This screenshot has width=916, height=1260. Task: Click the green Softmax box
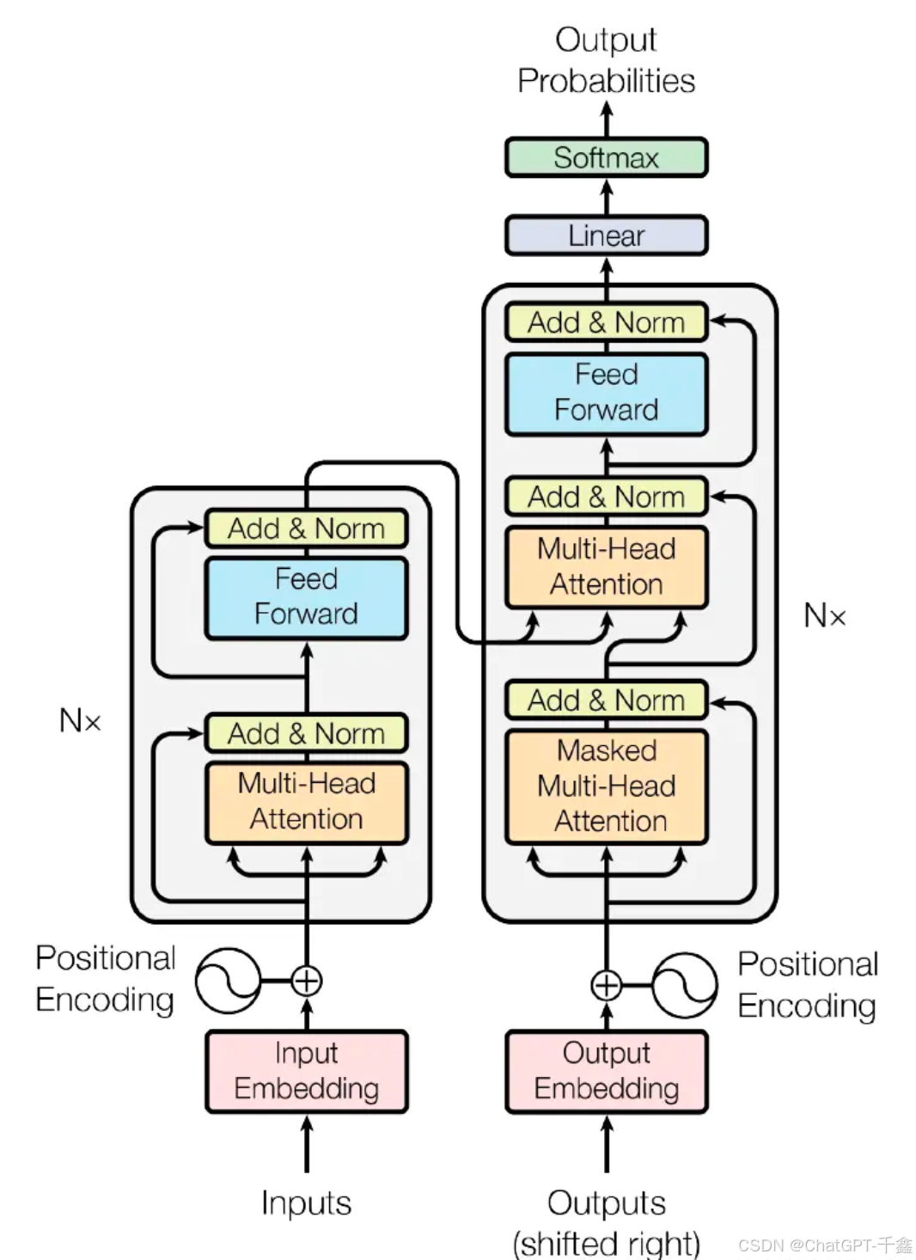point(606,157)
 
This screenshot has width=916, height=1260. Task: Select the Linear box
point(606,235)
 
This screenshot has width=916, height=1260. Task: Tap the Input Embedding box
point(306,1071)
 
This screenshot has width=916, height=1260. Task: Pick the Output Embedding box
point(606,1071)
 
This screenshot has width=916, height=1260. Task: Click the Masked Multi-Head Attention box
point(606,786)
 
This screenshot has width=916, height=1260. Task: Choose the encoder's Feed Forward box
point(306,596)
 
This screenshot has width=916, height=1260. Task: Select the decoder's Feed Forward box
point(606,393)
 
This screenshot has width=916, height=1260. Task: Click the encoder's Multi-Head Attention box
point(306,801)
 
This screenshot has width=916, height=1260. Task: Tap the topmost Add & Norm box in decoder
point(606,322)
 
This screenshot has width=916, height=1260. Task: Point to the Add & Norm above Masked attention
point(606,700)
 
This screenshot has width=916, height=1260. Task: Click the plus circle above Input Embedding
point(307,980)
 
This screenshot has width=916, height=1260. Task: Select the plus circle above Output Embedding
point(607,985)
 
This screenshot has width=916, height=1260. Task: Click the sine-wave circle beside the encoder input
point(228,981)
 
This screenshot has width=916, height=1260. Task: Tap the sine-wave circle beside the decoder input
point(684,985)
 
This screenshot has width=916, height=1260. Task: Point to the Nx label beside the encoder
point(80,720)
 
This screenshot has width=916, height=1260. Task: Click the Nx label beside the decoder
point(825,615)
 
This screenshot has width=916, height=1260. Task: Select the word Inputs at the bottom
point(306,1202)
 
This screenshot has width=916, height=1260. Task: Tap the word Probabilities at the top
point(606,81)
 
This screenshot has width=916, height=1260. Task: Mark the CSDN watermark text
point(824,1245)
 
